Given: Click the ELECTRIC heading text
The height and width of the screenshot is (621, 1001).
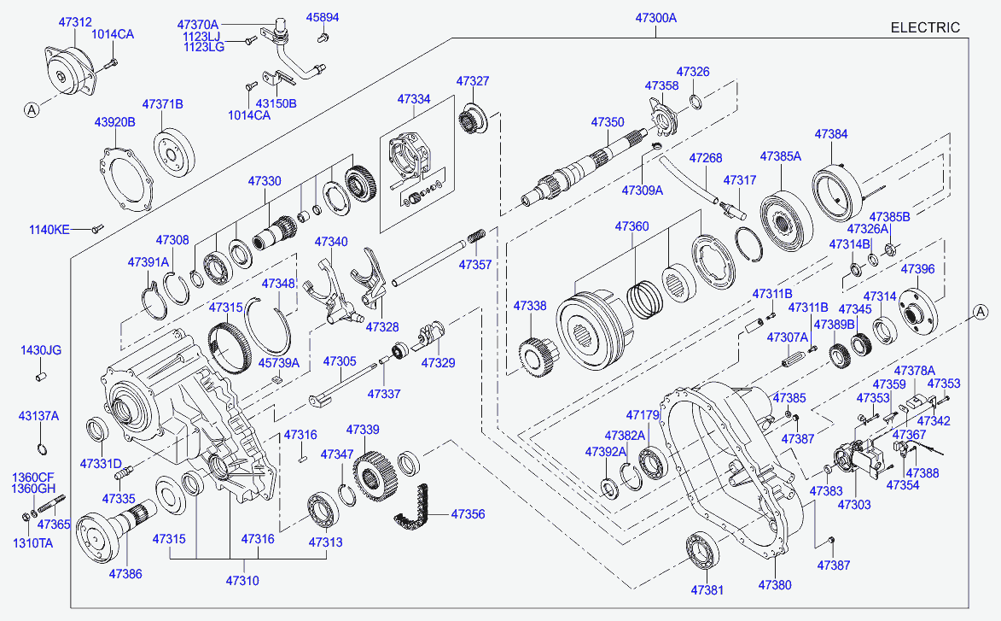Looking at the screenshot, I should click(925, 27).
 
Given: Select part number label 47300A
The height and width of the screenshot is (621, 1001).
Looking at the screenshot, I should click(655, 17).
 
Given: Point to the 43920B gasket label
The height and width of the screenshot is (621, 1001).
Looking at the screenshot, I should click(114, 122).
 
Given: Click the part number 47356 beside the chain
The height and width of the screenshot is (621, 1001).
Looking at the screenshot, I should click(468, 514).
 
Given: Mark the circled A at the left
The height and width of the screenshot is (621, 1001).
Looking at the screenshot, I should click(31, 109).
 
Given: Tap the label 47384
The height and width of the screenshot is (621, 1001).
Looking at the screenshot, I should click(831, 134).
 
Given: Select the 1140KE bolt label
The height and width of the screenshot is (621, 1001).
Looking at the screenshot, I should click(50, 229).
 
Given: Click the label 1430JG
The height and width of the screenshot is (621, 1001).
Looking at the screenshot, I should click(41, 350).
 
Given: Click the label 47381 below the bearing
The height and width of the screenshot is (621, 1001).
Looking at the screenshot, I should click(707, 589).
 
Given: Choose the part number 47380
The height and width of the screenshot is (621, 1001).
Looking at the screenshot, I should click(775, 585).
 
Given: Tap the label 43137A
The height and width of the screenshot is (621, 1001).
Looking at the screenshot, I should click(38, 416).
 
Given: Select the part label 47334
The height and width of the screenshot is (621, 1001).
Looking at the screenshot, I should click(414, 99).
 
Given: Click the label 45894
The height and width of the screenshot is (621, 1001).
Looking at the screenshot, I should click(323, 17).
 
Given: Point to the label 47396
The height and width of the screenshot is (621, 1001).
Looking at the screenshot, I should click(918, 269).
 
